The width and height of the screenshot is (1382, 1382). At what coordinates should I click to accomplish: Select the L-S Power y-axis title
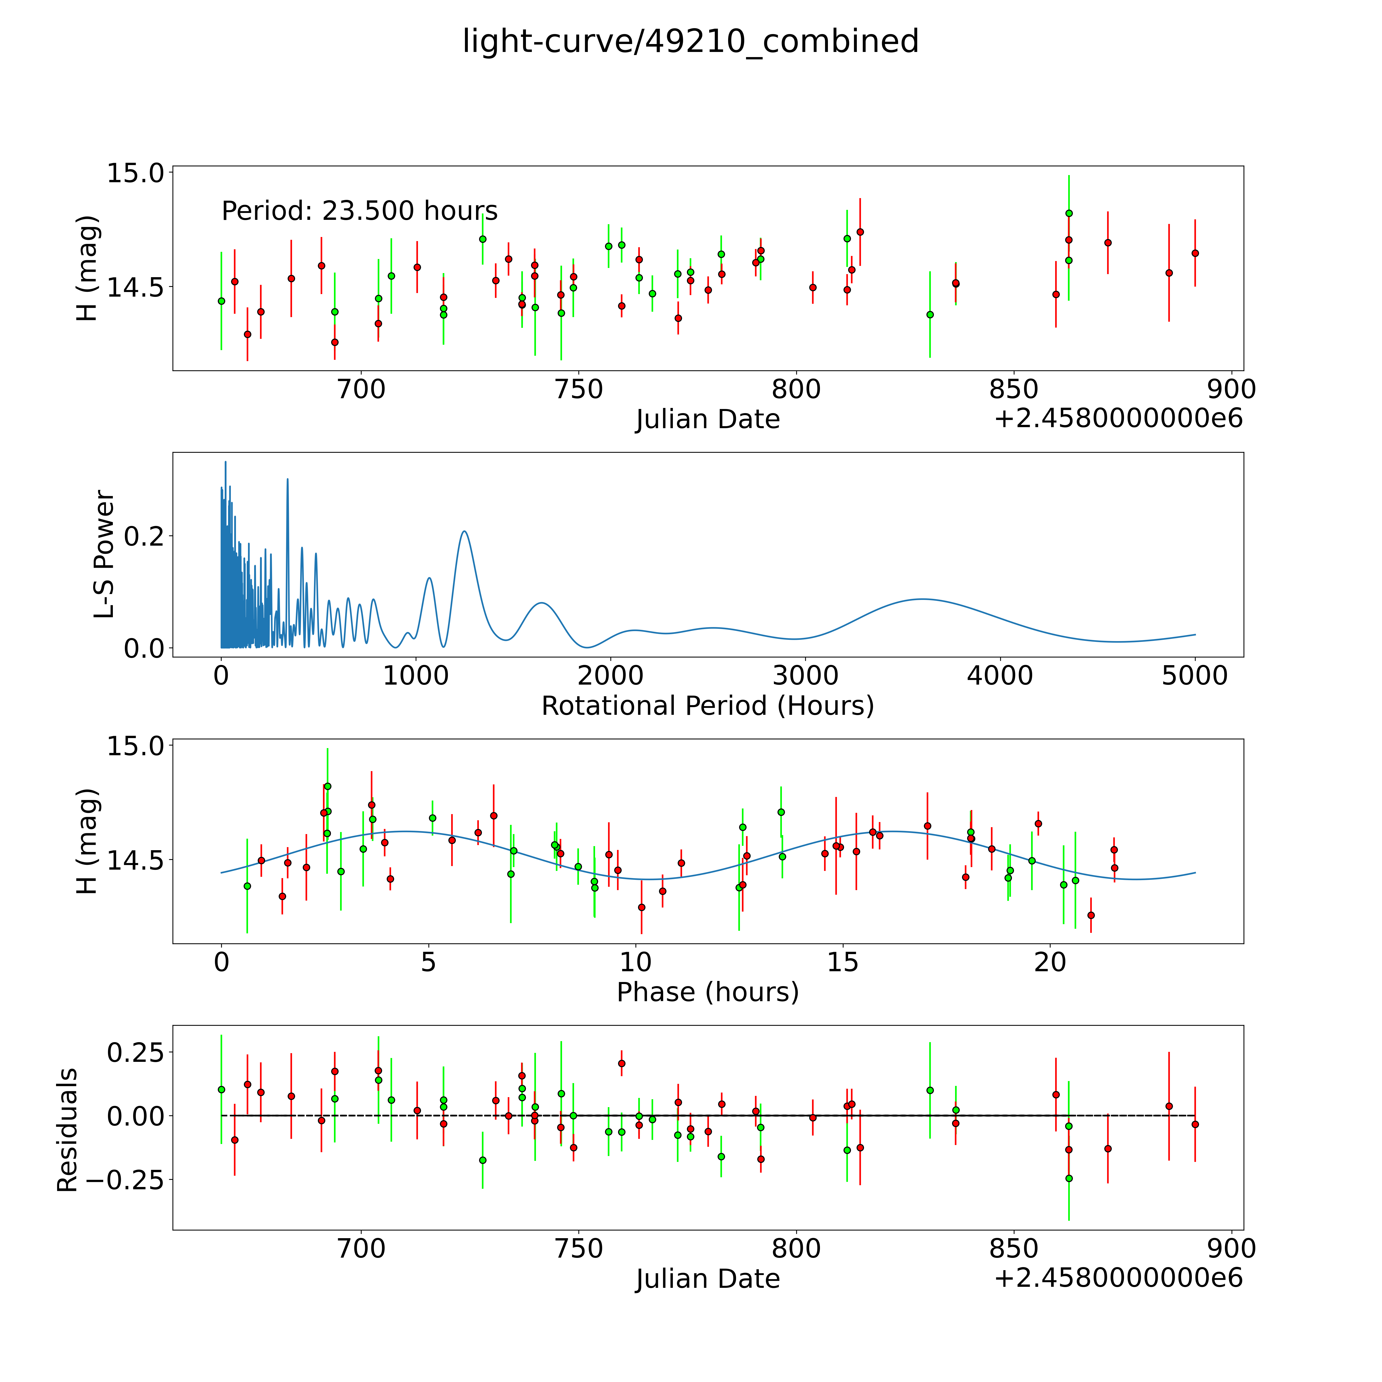click(104, 554)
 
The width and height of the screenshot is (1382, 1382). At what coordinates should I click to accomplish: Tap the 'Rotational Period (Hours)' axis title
click(707, 706)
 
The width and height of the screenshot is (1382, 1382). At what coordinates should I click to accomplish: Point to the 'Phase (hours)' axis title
click(707, 992)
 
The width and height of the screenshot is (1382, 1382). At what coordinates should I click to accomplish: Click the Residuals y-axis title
click(67, 1130)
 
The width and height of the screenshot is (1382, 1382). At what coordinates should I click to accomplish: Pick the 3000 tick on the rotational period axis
click(805, 675)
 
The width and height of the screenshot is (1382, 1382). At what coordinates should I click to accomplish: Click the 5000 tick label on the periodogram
click(1195, 675)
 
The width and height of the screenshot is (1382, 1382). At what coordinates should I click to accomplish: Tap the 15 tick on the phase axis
click(843, 962)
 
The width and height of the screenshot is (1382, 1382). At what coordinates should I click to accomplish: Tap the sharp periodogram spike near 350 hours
click(288, 479)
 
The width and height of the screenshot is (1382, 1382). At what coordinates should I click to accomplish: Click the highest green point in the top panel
click(1069, 213)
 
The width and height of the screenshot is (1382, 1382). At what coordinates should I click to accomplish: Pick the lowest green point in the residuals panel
click(1069, 1178)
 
